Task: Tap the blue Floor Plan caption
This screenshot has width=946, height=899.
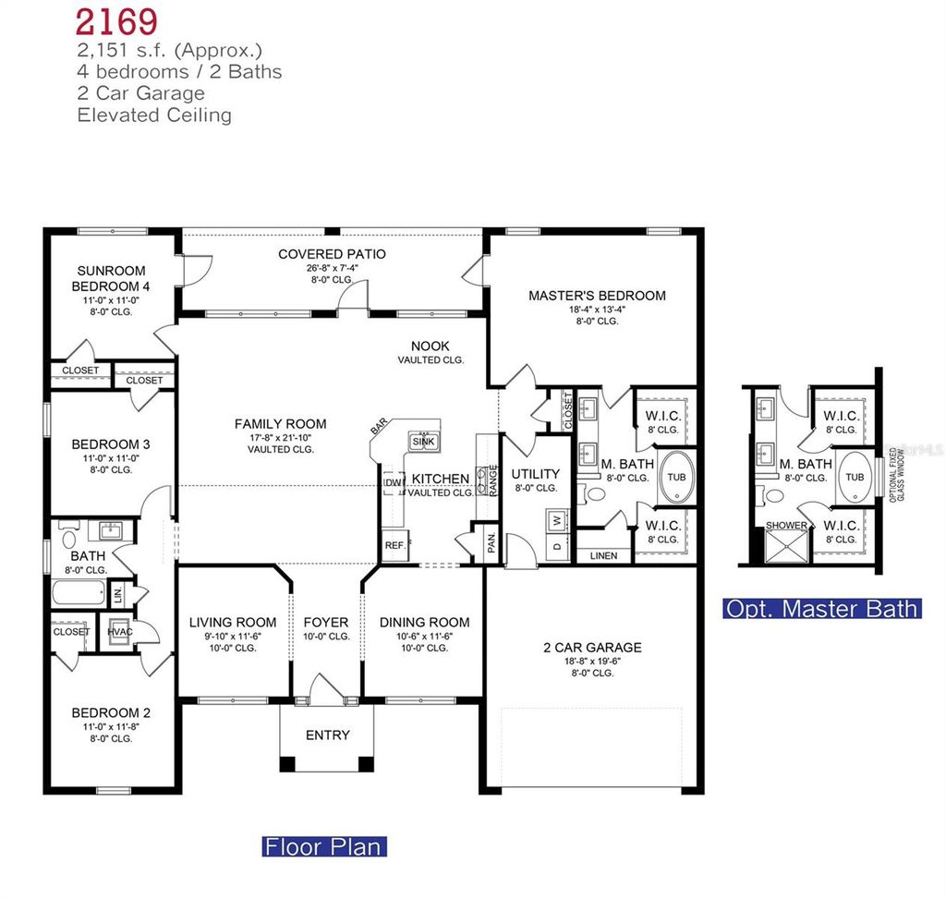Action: pyautogui.click(x=324, y=846)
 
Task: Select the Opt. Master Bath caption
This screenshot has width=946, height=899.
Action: pyautogui.click(x=822, y=608)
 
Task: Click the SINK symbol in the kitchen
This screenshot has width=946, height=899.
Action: pyautogui.click(x=424, y=441)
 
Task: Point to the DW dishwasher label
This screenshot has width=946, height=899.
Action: pyautogui.click(x=393, y=483)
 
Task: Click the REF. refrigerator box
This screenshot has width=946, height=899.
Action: pyautogui.click(x=395, y=545)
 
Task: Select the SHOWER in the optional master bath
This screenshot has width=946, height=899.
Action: pyautogui.click(x=785, y=526)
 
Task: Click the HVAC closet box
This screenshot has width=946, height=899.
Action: pyautogui.click(x=118, y=632)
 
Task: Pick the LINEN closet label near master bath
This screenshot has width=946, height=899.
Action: pyautogui.click(x=602, y=556)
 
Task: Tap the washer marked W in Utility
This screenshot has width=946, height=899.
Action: pyautogui.click(x=556, y=520)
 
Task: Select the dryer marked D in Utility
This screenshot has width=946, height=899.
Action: pyautogui.click(x=556, y=546)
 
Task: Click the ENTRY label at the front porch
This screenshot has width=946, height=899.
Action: pyautogui.click(x=328, y=735)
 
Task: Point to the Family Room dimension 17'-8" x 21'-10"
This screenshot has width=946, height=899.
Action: pyautogui.click(x=280, y=437)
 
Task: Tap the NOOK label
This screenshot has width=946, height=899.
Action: pyautogui.click(x=431, y=346)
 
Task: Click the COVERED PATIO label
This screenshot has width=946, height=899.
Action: pyautogui.click(x=332, y=254)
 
